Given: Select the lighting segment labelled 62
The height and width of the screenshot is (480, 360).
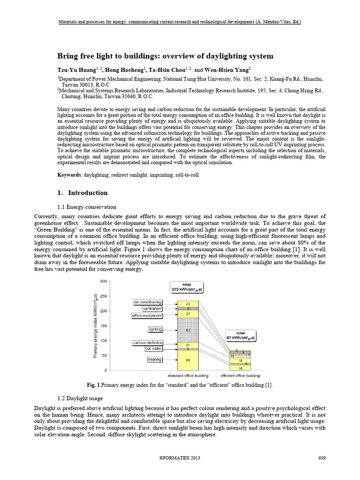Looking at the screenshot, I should click(187, 330).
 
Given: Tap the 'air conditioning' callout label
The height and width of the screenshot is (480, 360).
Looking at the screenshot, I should click(148, 302).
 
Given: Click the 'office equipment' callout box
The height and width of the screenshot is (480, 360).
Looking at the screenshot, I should click(147, 316).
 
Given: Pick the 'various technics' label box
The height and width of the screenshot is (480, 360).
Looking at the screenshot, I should click(147, 343).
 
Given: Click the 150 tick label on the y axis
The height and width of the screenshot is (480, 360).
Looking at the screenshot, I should click(103, 326).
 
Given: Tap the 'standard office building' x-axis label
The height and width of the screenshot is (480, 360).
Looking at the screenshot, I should click(188, 375).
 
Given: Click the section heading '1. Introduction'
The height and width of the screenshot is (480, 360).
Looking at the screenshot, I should click(82, 193).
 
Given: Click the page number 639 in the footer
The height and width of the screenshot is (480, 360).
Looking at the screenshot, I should click(321, 457).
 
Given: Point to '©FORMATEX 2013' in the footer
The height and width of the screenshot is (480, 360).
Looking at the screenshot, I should click(180, 457).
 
